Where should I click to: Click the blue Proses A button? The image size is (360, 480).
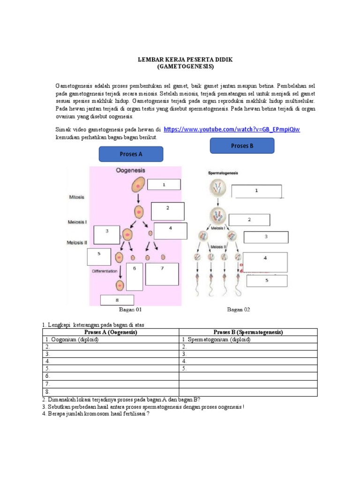(x=131, y=154)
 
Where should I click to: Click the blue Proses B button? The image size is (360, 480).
(x=242, y=146)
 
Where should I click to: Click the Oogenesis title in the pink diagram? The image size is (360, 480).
(x=131, y=171)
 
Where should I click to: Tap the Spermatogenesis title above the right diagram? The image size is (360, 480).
(x=223, y=173)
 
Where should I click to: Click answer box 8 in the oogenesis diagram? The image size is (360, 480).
(x=117, y=300)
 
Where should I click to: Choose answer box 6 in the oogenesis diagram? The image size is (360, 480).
(x=135, y=277)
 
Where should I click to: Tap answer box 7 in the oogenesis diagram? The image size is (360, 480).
(x=162, y=274)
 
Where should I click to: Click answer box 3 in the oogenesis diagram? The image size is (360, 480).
(x=107, y=235)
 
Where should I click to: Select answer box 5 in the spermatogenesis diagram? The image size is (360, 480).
(x=267, y=281)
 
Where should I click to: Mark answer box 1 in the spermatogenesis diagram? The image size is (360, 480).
(x=256, y=191)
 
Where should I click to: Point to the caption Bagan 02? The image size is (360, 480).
(x=239, y=310)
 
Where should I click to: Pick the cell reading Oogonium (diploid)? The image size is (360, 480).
(x=72, y=340)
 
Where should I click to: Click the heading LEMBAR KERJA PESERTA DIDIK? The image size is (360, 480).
(x=185, y=60)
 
